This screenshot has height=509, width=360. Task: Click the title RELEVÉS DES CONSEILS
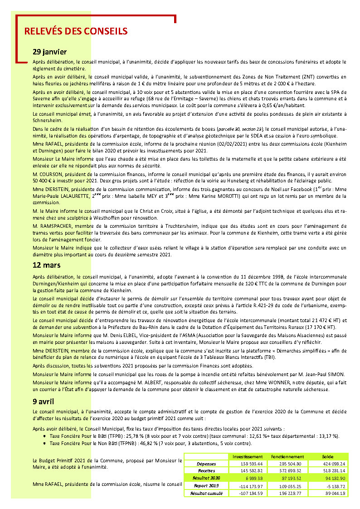click(76, 31)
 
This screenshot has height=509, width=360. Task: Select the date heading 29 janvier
click(50, 52)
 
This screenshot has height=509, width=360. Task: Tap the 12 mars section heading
click(47, 265)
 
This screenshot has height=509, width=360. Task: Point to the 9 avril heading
click(43, 401)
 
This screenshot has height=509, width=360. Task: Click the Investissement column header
click(248, 456)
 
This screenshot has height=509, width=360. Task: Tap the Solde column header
click(327, 456)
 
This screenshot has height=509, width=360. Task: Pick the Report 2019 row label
click(206, 485)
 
